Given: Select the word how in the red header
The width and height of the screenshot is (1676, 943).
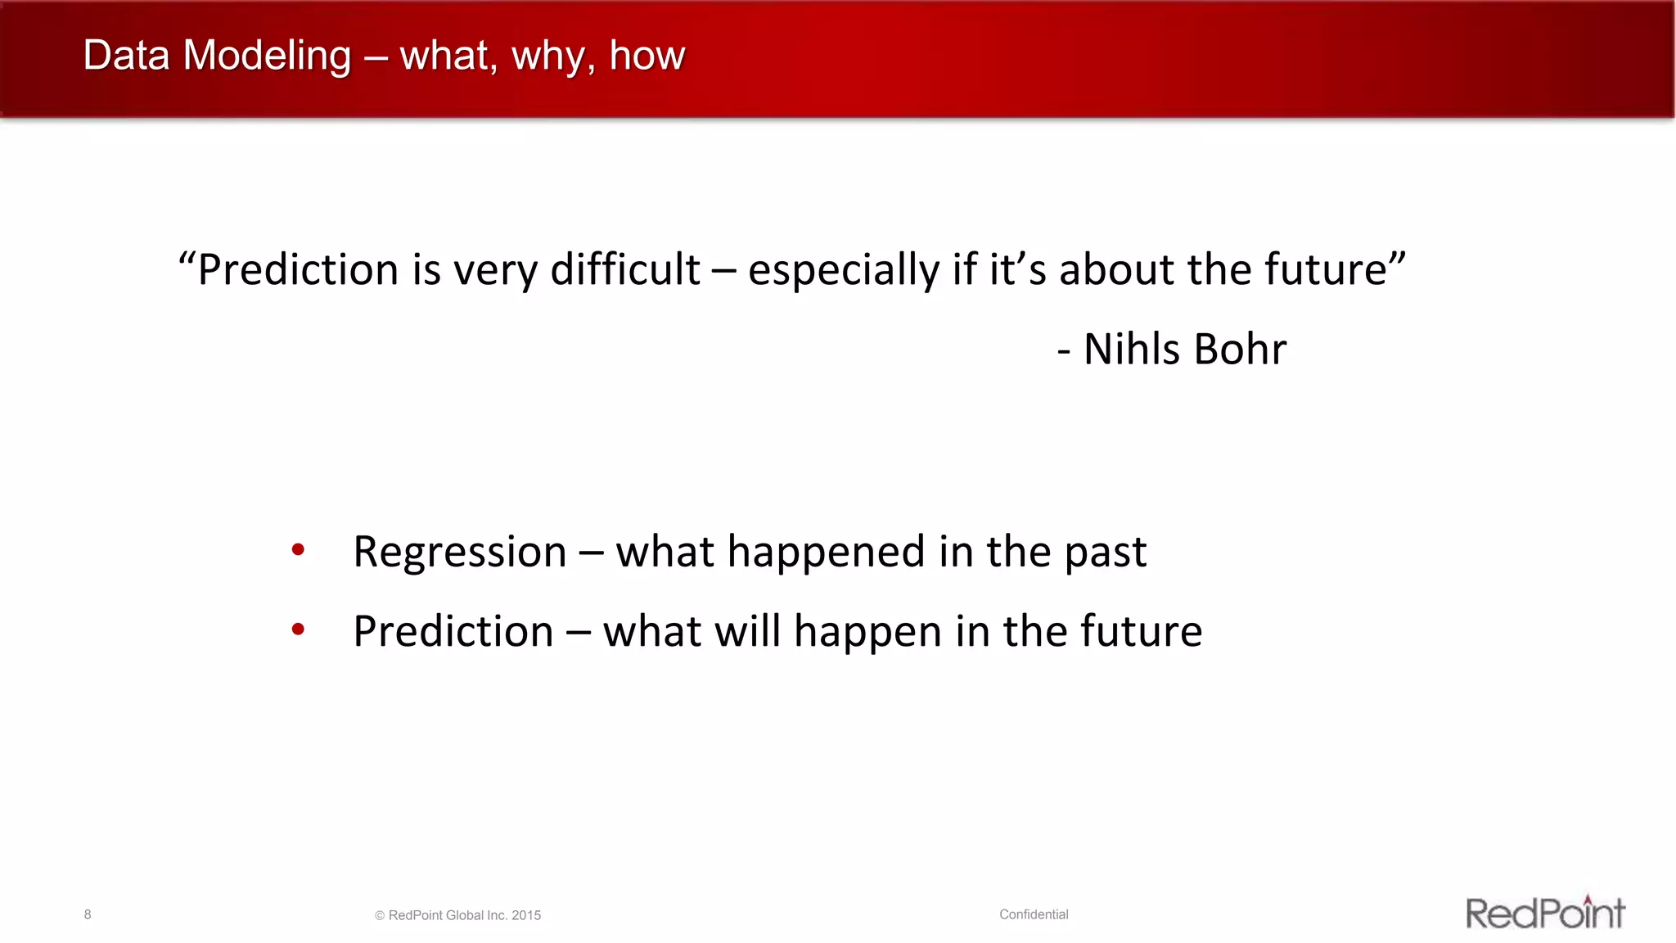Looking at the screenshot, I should pos(647,56).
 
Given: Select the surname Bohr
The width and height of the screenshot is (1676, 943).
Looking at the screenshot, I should pos(1240,349).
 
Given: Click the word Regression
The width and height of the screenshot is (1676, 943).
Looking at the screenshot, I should pos(460,552).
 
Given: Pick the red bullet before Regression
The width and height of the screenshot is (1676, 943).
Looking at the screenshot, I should pos(298,550).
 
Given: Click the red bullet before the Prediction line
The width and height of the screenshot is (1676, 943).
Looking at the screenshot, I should pos(298,629).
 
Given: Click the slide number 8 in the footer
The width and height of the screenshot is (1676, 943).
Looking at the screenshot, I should pos(88,914).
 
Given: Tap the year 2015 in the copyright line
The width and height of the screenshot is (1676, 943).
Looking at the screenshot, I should pos(526,915).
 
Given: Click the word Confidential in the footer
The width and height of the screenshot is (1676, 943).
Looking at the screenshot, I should pos(1034,914).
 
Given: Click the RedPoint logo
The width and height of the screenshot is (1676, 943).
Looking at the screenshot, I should pos(1544,913).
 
